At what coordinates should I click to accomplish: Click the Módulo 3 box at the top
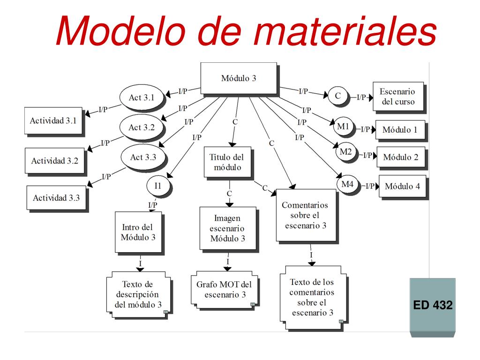coord(239,78)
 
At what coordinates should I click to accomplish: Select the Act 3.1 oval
coord(142,97)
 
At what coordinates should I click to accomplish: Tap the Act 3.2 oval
coord(142,127)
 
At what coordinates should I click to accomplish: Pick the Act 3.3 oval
coord(143,157)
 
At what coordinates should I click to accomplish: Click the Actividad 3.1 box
coord(53,120)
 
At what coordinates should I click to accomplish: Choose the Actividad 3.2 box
coord(55,161)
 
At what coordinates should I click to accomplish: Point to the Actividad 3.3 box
coord(56,198)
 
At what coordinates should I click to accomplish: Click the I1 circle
coord(158,186)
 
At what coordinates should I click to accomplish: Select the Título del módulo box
coord(227,162)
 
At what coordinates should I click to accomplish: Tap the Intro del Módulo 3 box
coord(138,232)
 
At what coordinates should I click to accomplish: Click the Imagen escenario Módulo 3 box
coord(228,228)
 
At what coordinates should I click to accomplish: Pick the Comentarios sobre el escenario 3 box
coord(306,215)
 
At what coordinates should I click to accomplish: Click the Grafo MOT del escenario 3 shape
coord(225,290)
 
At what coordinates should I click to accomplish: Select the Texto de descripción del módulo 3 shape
coord(138,294)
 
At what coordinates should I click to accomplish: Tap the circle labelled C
coord(338,96)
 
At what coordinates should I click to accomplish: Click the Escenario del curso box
coord(398,97)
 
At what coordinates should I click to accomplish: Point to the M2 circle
coord(346,152)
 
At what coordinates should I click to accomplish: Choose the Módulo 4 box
coord(403,186)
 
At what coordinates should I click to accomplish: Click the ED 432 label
coord(433,305)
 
